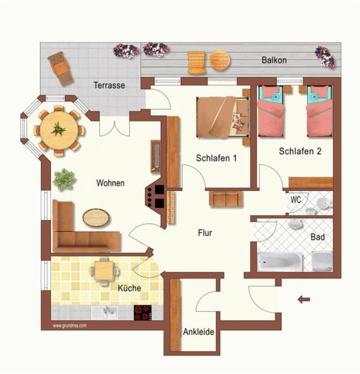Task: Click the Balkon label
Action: pyautogui.click(x=274, y=60)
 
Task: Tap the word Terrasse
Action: pyautogui.click(x=109, y=85)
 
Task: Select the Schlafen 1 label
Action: pyautogui.click(x=216, y=158)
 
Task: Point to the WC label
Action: pyautogui.click(x=296, y=199)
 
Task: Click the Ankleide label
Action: pyautogui.click(x=198, y=332)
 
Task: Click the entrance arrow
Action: pyautogui.click(x=304, y=299)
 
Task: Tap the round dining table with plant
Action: pyautogui.click(x=58, y=131)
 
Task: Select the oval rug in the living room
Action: pyautogui.click(x=96, y=218)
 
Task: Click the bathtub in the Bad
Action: pyautogui.click(x=280, y=262)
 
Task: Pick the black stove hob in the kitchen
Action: pyautogui.click(x=143, y=313)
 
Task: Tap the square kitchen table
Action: pyautogui.click(x=104, y=271)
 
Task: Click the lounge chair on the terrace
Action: pyautogui.click(x=60, y=69)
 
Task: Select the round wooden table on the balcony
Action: pyautogui.click(x=220, y=59)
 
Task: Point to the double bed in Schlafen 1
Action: pyautogui.click(x=223, y=117)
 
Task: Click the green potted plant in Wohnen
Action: pyautogui.click(x=64, y=179)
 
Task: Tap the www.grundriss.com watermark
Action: pyautogui.click(x=70, y=326)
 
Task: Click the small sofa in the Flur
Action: pyautogui.click(x=226, y=199)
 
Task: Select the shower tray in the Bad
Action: pyautogui.click(x=322, y=261)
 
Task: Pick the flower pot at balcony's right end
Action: pyautogui.click(x=324, y=57)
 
